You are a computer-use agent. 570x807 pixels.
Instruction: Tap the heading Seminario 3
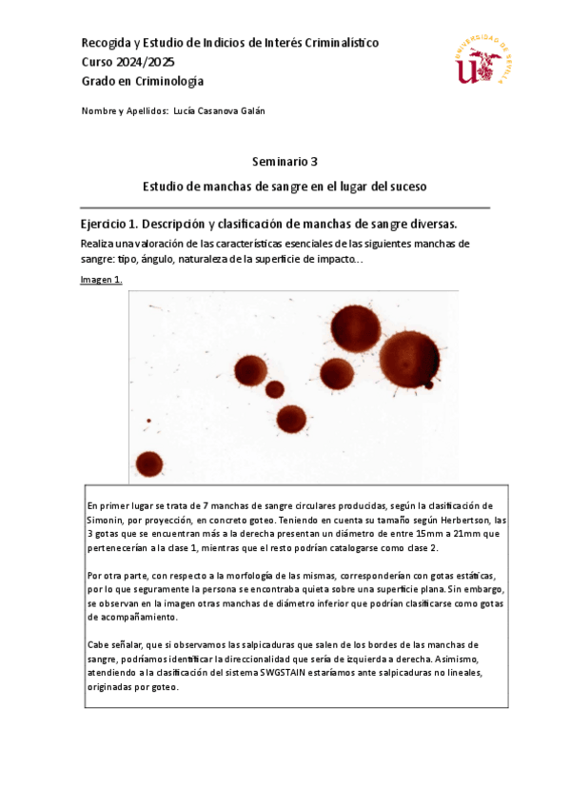(285, 162)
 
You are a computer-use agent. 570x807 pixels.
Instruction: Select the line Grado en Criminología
(143, 81)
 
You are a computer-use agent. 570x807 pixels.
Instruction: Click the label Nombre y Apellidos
(125, 110)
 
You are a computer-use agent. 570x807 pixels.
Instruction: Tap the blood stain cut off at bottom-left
(148, 464)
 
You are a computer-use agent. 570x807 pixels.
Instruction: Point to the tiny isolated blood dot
(148, 421)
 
